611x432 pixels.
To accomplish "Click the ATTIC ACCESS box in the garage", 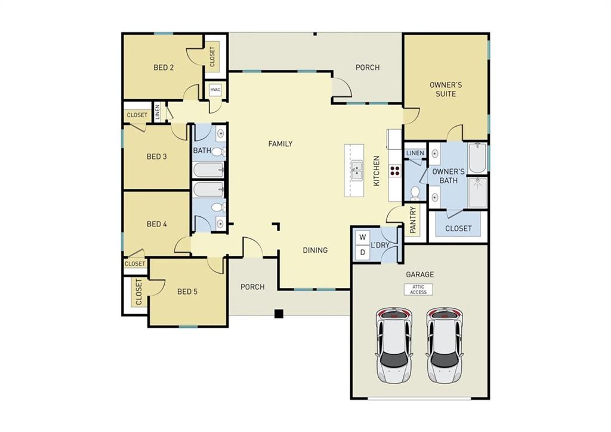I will [x=418, y=289].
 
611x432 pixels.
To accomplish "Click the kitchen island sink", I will [x=356, y=170].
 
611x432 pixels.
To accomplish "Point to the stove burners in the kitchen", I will [x=394, y=170].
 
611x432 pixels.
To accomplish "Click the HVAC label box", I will [x=215, y=90].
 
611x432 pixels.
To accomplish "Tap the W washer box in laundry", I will [x=362, y=237].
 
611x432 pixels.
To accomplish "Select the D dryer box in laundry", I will [x=362, y=253].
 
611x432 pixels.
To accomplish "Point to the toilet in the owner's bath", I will [x=415, y=192].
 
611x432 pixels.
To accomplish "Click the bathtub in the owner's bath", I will [x=477, y=158].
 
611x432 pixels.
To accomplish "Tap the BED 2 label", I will [x=163, y=68].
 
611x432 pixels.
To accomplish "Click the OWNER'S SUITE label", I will [x=446, y=89].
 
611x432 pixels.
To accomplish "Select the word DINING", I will [x=315, y=250].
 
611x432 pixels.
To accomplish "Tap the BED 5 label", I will [x=187, y=292].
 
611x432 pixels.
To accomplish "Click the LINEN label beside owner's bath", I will [x=415, y=154].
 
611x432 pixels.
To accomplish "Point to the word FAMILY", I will [x=280, y=144].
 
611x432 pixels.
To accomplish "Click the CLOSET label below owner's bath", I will [x=458, y=228].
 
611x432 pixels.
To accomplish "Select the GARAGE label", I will [x=420, y=275].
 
